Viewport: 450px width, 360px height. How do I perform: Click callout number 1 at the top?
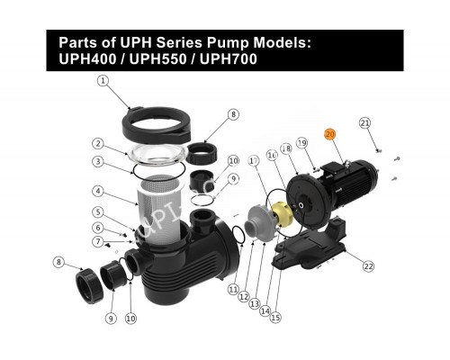(103, 80)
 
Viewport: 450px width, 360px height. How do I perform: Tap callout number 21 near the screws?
(364, 122)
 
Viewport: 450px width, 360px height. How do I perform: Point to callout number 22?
(367, 266)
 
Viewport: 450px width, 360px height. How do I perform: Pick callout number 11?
(233, 290)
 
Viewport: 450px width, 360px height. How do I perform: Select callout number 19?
(302, 143)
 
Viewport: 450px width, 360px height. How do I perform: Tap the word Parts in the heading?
(78, 42)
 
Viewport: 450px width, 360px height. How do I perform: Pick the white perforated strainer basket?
(162, 205)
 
